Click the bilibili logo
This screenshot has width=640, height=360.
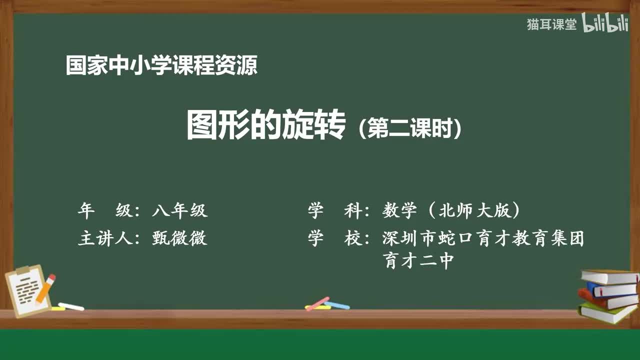pos(605,24)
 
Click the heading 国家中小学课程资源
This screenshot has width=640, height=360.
pos(161,65)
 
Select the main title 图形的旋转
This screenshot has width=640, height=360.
pos(266,125)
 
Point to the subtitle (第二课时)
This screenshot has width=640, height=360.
pos(410,128)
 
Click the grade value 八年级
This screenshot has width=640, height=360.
pos(179,211)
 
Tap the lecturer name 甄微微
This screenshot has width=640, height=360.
pos(179,238)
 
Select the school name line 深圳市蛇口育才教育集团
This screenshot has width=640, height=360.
pos(483,238)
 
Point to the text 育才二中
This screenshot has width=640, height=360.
pos(419,260)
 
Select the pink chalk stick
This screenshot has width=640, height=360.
pos(317,303)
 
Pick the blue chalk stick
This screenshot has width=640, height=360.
pos(337,305)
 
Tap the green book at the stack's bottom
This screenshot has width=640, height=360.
pos(606,311)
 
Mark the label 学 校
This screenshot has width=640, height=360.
pos(334,238)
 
